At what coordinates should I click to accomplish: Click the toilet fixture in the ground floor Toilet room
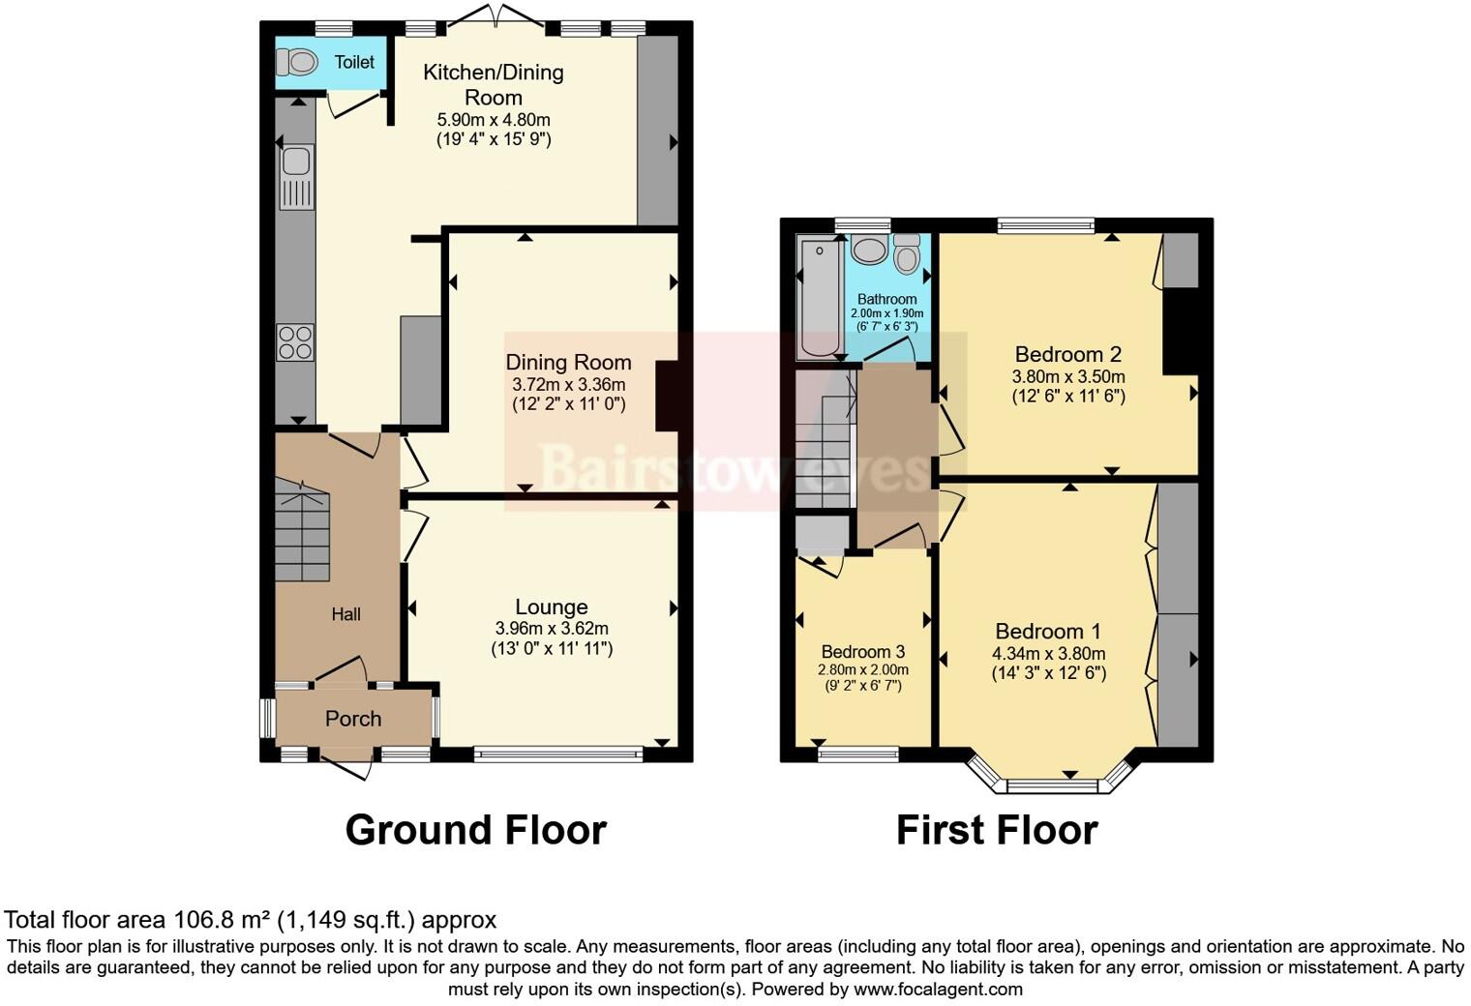pyautogui.click(x=297, y=63)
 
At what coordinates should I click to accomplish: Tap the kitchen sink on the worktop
pyautogui.click(x=296, y=176)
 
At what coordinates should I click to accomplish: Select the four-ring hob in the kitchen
pyautogui.click(x=296, y=340)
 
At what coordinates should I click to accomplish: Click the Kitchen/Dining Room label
pyautogui.click(x=494, y=84)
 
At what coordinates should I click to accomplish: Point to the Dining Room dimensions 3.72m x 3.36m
pyautogui.click(x=568, y=384)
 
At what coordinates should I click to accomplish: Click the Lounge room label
pyautogui.click(x=551, y=607)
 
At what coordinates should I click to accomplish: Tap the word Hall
pyautogui.click(x=346, y=614)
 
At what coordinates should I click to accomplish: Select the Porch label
pyautogui.click(x=353, y=719)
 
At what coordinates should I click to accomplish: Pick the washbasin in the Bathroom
pyautogui.click(x=870, y=251)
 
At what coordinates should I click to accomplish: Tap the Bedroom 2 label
pyautogui.click(x=1067, y=354)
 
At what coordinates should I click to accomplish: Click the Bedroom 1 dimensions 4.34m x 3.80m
pyautogui.click(x=1048, y=654)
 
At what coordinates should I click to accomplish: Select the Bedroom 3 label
pyautogui.click(x=862, y=651)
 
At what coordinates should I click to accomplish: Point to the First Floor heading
pyautogui.click(x=996, y=830)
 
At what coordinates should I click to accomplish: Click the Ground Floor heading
pyautogui.click(x=475, y=830)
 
